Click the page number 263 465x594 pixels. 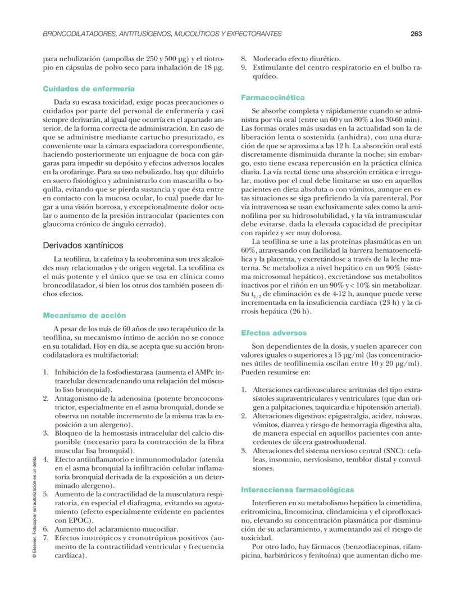pyautogui.click(x=416, y=34)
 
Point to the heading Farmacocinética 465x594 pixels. pyautogui.click(x=273, y=98)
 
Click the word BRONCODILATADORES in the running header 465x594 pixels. pyautogui.click(x=79, y=34)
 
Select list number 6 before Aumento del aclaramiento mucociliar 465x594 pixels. pyautogui.click(x=46, y=529)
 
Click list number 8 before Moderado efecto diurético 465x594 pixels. pyautogui.click(x=244, y=58)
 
